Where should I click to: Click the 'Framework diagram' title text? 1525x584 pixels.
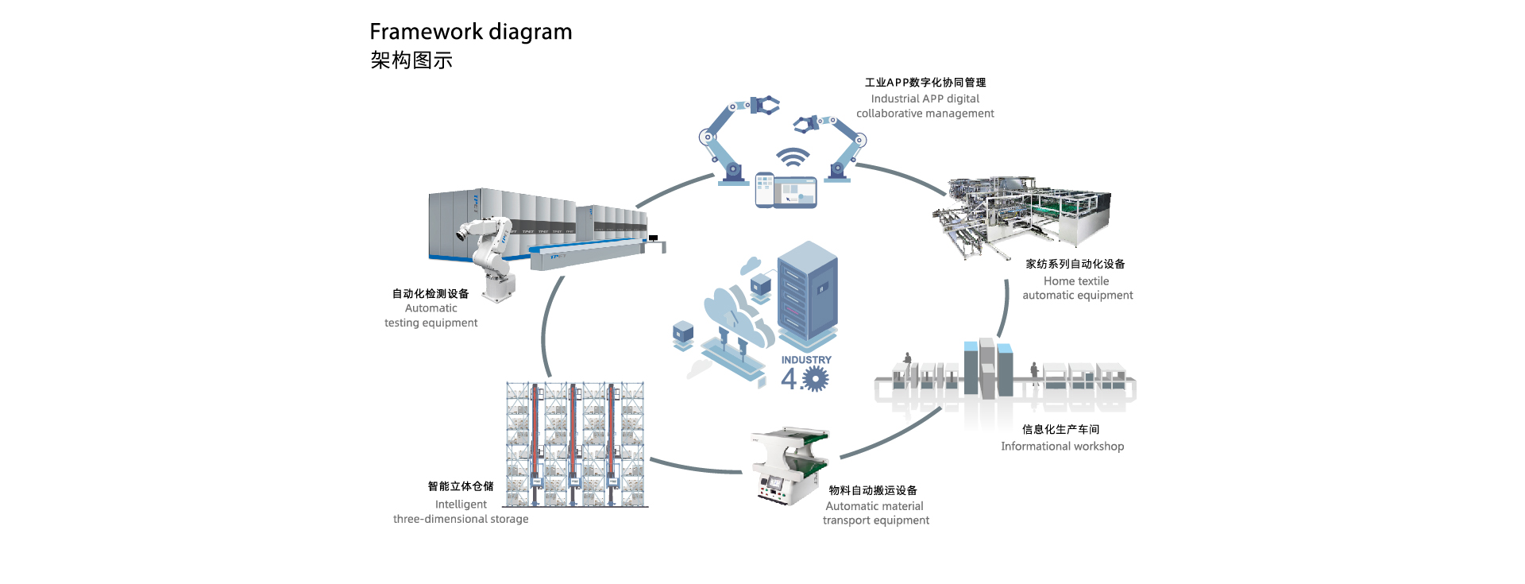coord(470,32)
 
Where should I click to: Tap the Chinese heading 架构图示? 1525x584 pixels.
coord(411,60)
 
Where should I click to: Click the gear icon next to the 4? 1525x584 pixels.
coord(815,379)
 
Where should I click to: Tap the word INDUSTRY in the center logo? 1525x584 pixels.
coord(806,360)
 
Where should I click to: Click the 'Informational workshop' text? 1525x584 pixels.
coord(1062,447)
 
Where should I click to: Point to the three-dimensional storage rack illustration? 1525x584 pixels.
coord(575,444)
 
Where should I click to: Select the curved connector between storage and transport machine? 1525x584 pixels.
coord(695,467)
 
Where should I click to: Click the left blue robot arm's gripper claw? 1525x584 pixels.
coord(764,105)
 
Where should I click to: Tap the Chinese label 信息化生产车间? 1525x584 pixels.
coord(1060,429)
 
